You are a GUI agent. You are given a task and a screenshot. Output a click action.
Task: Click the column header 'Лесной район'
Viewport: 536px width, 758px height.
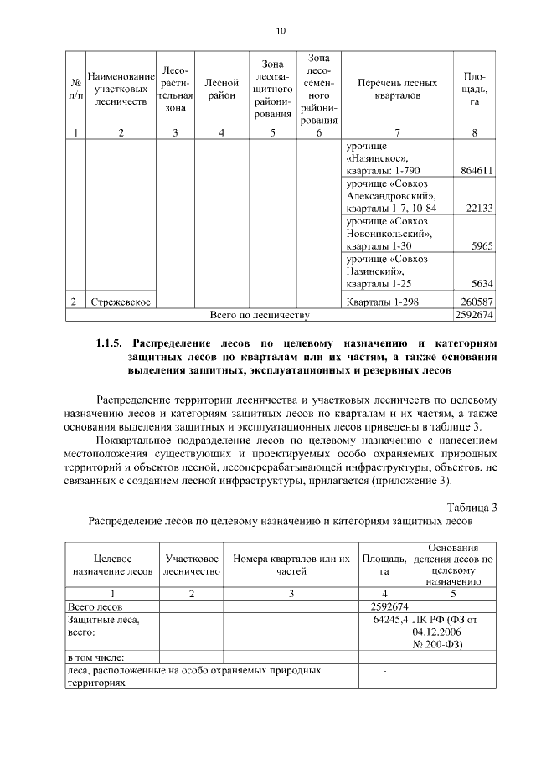click(221, 90)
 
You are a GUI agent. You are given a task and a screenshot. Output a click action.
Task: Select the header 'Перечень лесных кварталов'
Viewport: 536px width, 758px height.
click(397, 90)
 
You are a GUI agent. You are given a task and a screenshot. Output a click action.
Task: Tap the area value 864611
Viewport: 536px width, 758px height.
click(476, 170)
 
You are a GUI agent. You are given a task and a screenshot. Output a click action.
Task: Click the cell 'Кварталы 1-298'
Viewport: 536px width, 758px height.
click(381, 302)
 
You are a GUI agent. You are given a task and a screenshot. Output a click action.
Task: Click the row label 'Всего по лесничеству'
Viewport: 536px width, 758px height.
click(260, 315)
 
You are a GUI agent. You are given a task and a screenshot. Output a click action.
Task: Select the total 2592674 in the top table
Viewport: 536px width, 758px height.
click(474, 315)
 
